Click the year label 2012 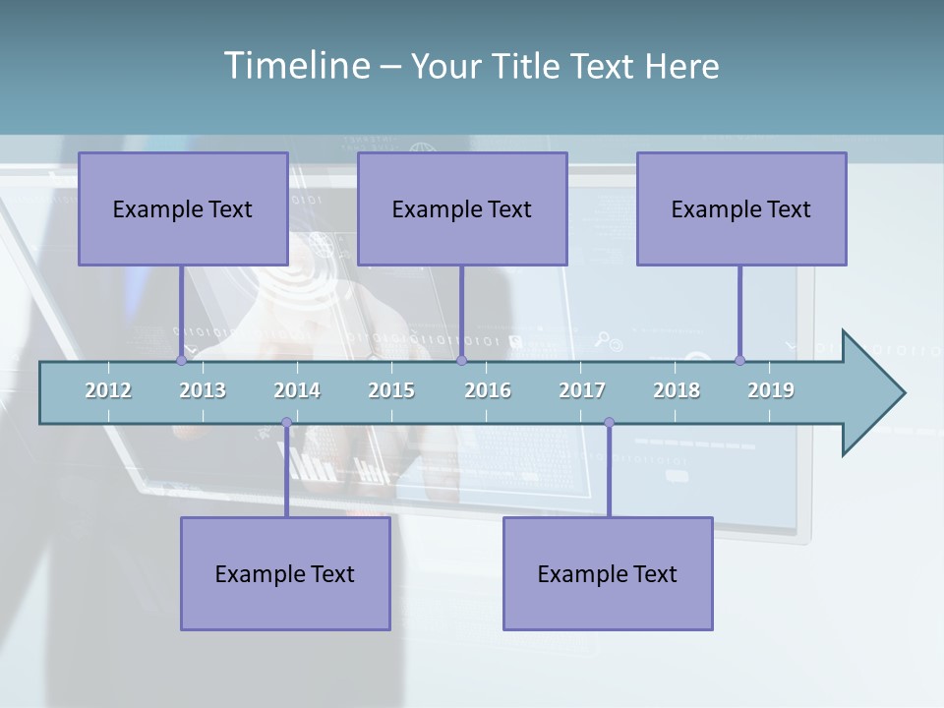pyautogui.click(x=108, y=390)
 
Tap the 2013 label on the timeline pyautogui.click(x=203, y=390)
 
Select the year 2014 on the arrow pyautogui.click(x=297, y=390)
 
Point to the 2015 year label pyautogui.click(x=391, y=390)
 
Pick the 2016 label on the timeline pyautogui.click(x=488, y=390)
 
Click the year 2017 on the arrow pyautogui.click(x=582, y=390)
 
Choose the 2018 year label pyautogui.click(x=677, y=390)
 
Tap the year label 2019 pyautogui.click(x=771, y=390)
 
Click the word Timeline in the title pyautogui.click(x=294, y=66)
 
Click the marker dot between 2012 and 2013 pyautogui.click(x=181, y=361)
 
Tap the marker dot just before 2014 pyautogui.click(x=286, y=423)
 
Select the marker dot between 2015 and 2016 pyautogui.click(x=461, y=361)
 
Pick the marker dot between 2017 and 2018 pyautogui.click(x=609, y=423)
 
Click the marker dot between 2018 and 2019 pyautogui.click(x=739, y=361)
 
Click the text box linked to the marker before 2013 pyautogui.click(x=183, y=208)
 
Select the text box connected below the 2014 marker pyautogui.click(x=285, y=573)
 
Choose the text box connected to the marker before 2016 pyautogui.click(x=462, y=208)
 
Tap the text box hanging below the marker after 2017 pyautogui.click(x=608, y=573)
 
